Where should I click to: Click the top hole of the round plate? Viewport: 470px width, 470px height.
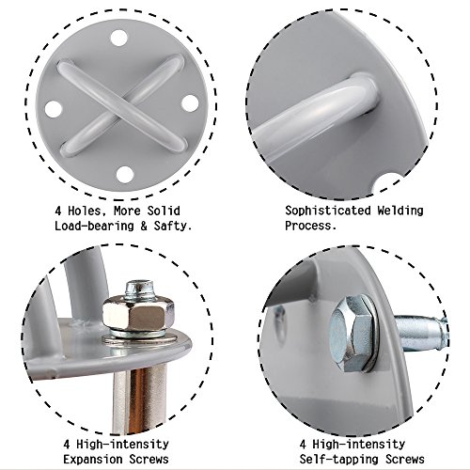119,39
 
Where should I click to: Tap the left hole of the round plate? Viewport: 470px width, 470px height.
54,109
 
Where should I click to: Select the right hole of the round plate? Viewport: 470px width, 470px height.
190,103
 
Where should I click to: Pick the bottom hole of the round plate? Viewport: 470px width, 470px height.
125,175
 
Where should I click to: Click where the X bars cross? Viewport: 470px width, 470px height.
123,105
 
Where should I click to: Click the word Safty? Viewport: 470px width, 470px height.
173,226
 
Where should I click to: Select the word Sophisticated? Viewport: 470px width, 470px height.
328,211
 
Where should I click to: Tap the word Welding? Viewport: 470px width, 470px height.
400,211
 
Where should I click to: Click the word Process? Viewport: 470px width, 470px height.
310,226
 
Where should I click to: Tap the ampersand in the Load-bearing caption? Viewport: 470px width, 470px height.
144,227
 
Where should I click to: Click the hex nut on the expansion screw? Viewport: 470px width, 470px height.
138,312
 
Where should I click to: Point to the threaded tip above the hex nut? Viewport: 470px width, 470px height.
139,289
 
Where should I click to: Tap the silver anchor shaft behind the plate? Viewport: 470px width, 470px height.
421,335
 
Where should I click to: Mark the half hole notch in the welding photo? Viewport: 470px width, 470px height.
388,186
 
